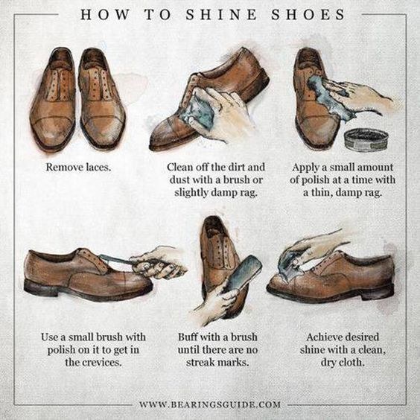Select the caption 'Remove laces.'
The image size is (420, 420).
click(x=78, y=167)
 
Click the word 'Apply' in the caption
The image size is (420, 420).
click(x=306, y=167)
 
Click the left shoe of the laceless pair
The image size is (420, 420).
click(x=52, y=97)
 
